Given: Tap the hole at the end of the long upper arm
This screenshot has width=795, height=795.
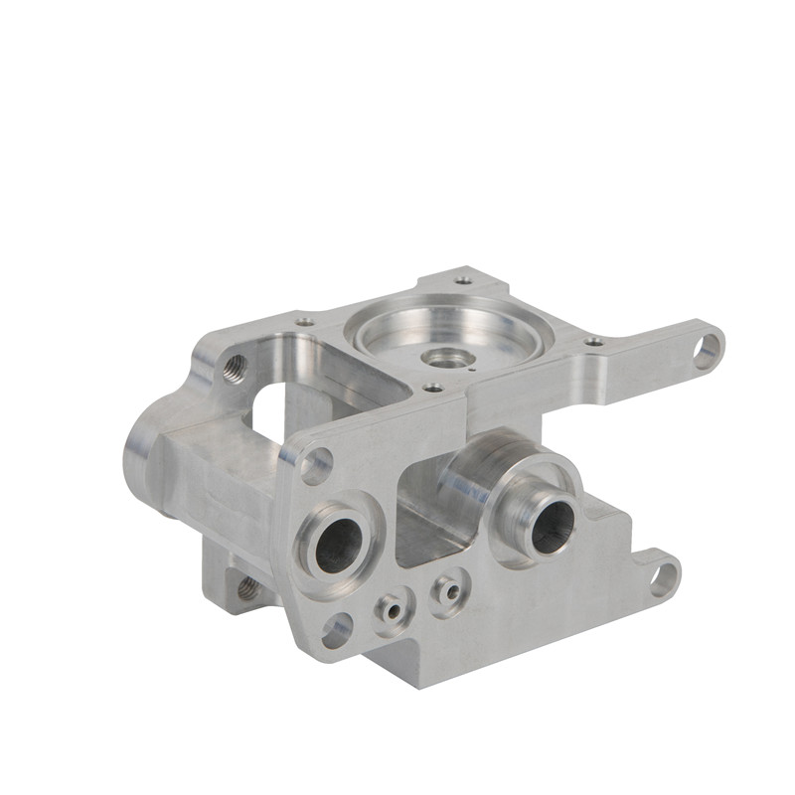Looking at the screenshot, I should click(707, 350).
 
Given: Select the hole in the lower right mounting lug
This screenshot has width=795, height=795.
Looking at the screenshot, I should click(663, 575).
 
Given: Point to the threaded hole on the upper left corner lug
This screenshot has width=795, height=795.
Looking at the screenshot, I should click(236, 368).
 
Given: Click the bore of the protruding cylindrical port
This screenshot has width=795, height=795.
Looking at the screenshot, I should click(553, 525).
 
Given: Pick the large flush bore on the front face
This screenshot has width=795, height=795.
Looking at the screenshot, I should click(339, 545).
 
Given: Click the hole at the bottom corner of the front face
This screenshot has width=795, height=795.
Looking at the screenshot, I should click(338, 628).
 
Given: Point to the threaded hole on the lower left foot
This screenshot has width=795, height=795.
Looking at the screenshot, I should click(246, 589).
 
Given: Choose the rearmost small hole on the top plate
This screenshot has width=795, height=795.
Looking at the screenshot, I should click(464, 280).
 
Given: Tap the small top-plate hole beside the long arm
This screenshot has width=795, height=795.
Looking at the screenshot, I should click(594, 342).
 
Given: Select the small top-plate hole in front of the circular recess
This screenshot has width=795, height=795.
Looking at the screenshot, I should click(432, 388).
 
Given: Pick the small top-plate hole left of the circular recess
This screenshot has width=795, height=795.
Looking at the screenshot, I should click(305, 322).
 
